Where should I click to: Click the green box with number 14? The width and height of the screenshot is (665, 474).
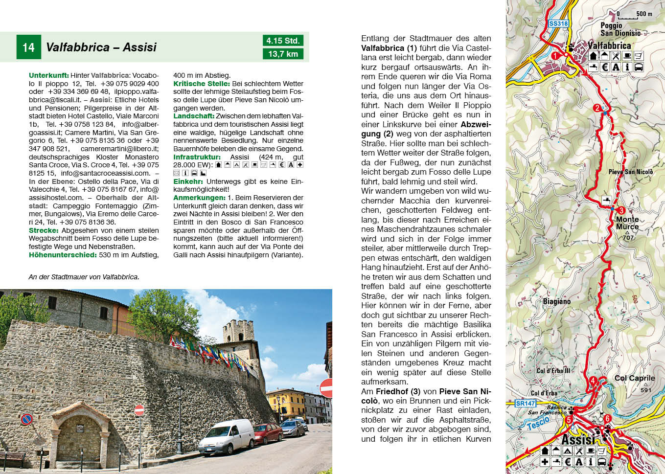point(28,47)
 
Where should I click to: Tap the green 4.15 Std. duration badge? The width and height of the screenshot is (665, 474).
point(283,41)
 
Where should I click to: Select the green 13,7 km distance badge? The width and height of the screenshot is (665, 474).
point(283,54)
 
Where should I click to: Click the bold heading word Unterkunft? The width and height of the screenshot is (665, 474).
point(48,75)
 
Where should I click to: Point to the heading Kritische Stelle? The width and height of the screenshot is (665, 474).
point(201,84)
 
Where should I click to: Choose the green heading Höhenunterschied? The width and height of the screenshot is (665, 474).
point(63,255)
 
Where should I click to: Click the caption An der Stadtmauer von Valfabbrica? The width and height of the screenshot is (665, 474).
point(84,277)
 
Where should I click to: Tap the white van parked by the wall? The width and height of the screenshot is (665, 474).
point(227,436)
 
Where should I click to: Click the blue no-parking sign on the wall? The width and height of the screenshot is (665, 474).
point(26,419)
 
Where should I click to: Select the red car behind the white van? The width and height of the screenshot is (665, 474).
point(267,433)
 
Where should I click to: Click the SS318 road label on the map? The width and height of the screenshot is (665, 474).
point(558,23)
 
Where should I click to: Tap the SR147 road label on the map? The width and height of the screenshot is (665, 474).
point(526,404)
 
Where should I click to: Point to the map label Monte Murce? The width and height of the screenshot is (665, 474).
point(627,223)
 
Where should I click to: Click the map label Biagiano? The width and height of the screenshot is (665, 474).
point(556,301)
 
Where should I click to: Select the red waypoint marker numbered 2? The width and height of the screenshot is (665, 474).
point(596,108)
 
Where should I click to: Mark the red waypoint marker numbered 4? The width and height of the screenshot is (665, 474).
point(593,381)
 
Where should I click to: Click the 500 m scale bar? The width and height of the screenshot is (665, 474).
point(628,17)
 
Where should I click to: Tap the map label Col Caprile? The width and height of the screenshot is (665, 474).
point(634,378)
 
